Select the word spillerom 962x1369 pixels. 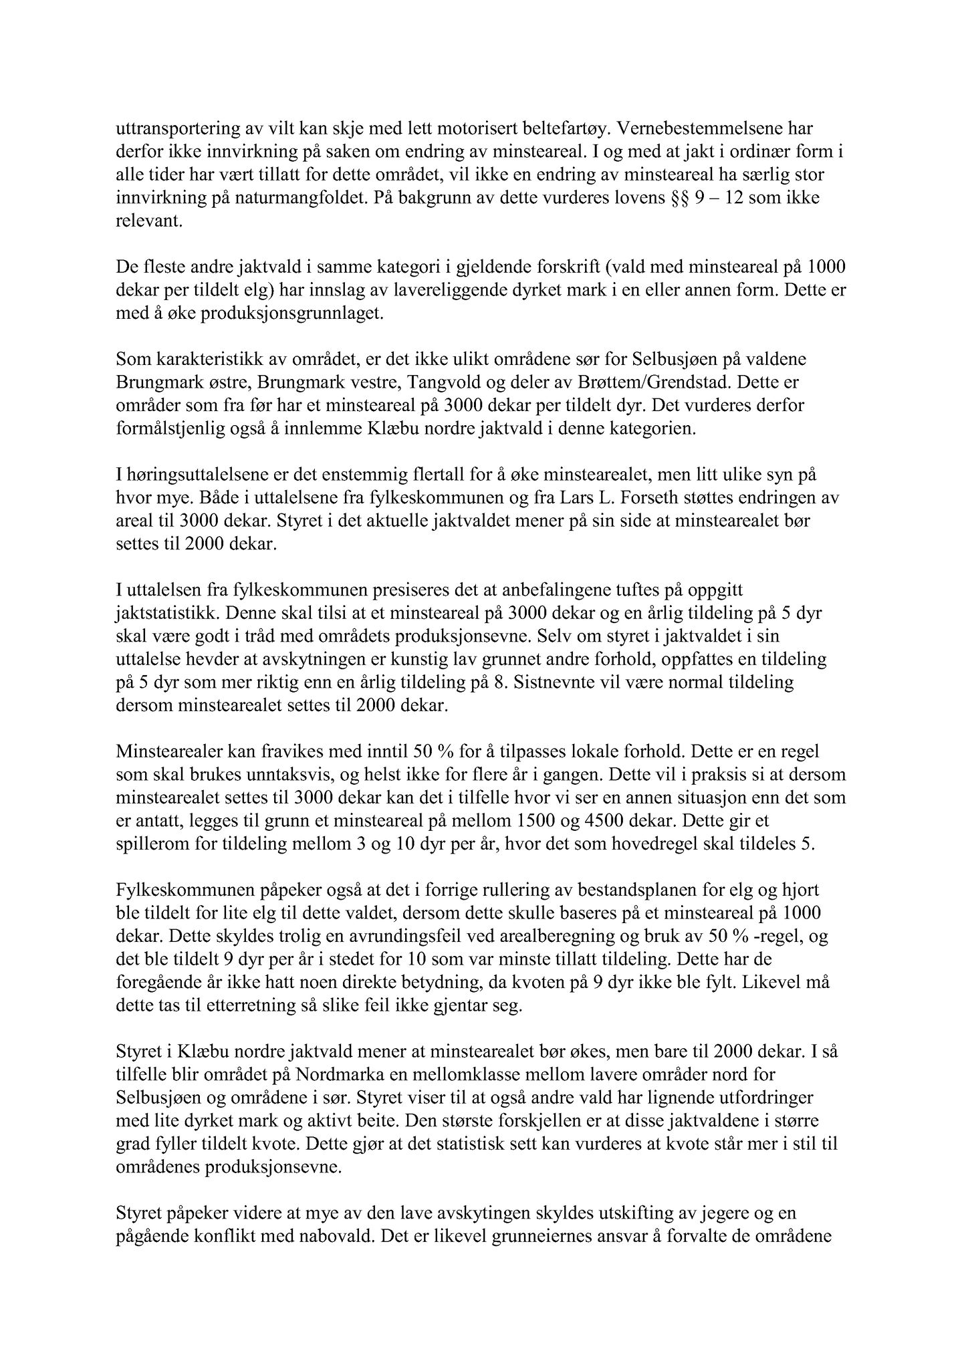pyautogui.click(x=146, y=844)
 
